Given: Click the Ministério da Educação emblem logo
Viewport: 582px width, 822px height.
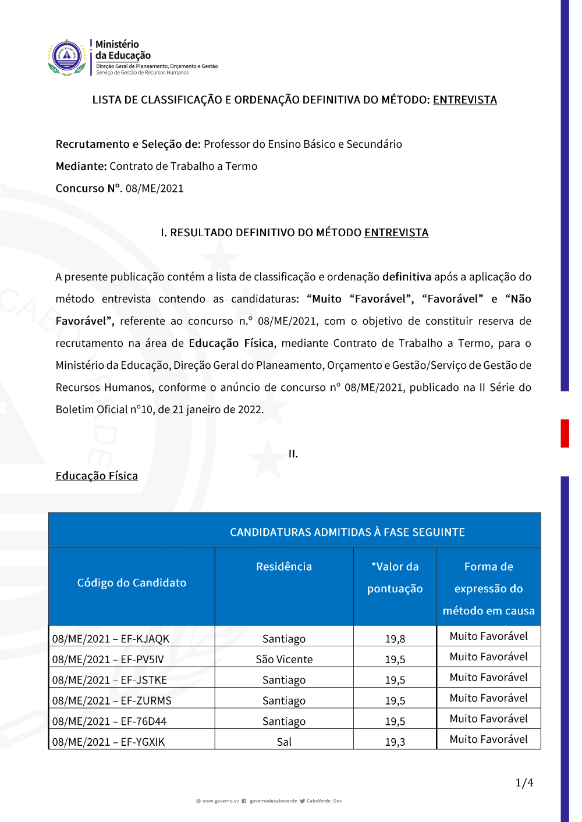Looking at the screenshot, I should tap(68, 57).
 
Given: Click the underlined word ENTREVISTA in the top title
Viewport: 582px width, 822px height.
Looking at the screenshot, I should tap(464, 99).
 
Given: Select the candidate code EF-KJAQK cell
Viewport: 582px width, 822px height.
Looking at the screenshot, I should tap(111, 639).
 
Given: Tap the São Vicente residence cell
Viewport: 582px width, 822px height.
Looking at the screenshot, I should tap(284, 659).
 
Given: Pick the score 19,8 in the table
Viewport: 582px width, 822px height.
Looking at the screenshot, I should tap(395, 639).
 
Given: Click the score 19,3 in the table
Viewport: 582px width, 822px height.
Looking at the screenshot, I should tap(395, 742).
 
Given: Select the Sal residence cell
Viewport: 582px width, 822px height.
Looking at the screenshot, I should tap(284, 742).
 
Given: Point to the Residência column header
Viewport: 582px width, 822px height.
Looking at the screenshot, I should tap(284, 567).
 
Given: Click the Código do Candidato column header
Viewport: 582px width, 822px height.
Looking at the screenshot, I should tap(132, 583).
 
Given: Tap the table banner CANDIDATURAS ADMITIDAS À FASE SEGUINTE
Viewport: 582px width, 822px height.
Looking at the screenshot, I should tap(347, 532).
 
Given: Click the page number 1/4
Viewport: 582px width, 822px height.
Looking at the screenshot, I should tap(524, 783).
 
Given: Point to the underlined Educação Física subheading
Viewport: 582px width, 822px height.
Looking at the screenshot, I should tap(97, 476).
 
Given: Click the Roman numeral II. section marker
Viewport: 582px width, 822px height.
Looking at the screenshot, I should tap(293, 454).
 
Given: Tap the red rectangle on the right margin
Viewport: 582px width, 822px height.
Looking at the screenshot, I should tap(565, 433).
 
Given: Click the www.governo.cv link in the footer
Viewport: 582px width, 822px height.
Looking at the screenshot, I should tap(220, 801).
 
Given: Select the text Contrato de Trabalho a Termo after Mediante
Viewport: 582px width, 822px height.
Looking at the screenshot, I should tap(183, 166).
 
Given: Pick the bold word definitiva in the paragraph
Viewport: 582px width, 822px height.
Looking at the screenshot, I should tap(407, 277).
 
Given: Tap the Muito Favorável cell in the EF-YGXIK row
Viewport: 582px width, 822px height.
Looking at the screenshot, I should tap(488, 739).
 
